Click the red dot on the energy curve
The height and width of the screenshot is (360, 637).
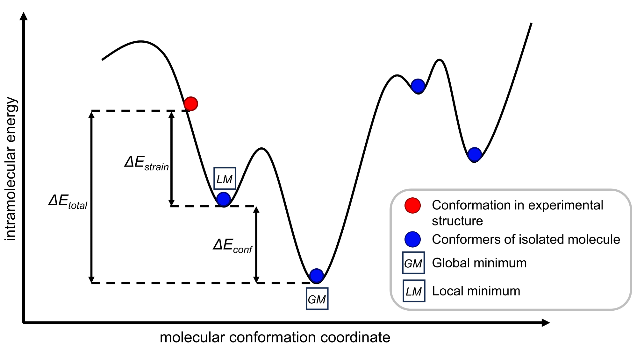tap(191, 104)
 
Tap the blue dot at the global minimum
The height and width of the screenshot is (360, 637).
tap(316, 276)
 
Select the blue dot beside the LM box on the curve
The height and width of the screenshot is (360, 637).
tap(223, 199)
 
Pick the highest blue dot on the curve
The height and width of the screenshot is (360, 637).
tap(418, 86)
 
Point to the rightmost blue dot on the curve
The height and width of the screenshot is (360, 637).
tap(474, 154)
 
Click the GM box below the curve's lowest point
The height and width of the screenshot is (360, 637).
tap(317, 299)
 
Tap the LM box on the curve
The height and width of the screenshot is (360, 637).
tap(225, 179)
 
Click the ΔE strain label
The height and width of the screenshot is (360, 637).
tap(147, 163)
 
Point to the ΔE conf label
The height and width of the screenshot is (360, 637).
tap(233, 246)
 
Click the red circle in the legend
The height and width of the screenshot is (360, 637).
tap(412, 205)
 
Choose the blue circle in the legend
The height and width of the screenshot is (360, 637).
tap(412, 239)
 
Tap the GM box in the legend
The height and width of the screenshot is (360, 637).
tap(413, 263)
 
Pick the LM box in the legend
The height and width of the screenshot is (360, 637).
tap(414, 291)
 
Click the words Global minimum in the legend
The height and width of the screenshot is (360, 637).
tap(479, 263)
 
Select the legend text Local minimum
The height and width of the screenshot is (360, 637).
tap(476, 291)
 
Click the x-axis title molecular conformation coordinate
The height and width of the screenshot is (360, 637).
tap(275, 337)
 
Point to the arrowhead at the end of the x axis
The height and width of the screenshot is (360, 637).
tap(545, 323)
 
